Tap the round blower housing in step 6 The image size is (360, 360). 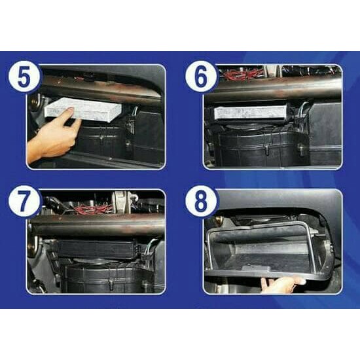(x=262, y=145)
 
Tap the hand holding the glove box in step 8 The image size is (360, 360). (x=283, y=284)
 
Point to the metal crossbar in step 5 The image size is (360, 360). (x=98, y=89)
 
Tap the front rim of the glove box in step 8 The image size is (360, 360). (x=262, y=274)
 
